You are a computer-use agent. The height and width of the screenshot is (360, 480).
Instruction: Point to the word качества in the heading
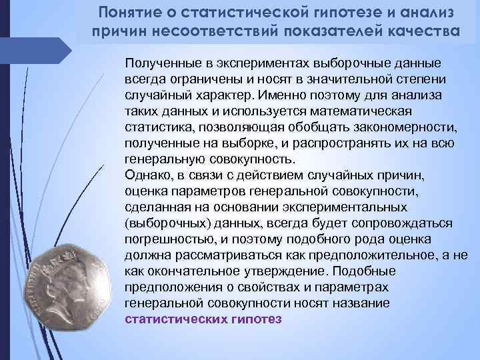click(419, 31)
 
